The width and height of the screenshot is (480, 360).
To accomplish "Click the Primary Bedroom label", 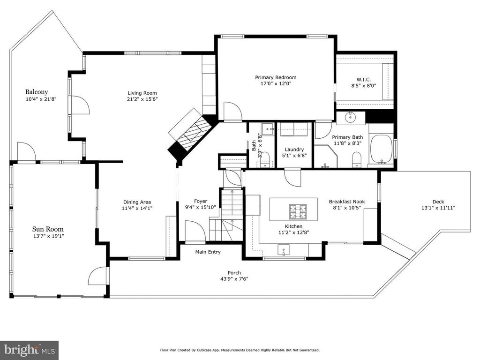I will [x=276, y=77].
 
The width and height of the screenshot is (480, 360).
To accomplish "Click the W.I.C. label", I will [x=364, y=79].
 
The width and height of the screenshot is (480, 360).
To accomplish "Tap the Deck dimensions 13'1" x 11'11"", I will [x=438, y=208].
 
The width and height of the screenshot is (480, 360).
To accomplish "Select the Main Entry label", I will [x=208, y=252].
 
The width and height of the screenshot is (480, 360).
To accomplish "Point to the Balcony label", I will [x=37, y=92].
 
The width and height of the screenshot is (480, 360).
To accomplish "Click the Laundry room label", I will [x=294, y=150].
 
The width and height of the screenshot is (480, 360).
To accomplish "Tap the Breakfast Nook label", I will [x=347, y=202].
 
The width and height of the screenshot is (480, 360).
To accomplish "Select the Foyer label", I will [x=201, y=202].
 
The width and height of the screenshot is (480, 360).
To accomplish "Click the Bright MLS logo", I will [x=29, y=350].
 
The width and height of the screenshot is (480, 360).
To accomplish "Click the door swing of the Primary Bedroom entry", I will [x=232, y=112].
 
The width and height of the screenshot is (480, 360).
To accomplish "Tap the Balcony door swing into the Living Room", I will [x=80, y=105].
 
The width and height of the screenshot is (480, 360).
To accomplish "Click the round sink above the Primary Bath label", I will [x=350, y=117].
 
